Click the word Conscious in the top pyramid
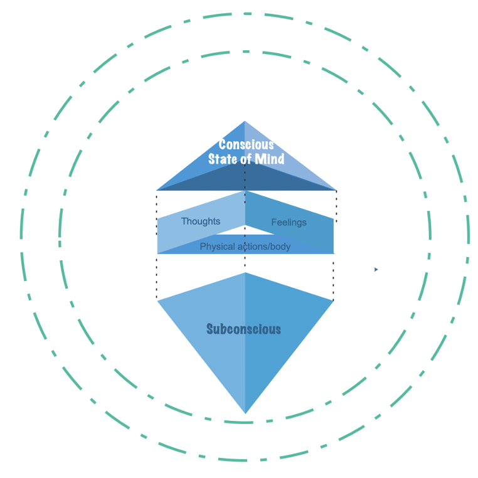[x=246, y=144]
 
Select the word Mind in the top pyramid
[x=270, y=159]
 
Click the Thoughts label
[x=201, y=221]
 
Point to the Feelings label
[x=289, y=222]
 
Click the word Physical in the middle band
[x=217, y=247]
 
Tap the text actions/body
[x=264, y=247]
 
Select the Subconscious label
[x=243, y=329]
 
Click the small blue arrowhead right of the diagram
[x=376, y=270]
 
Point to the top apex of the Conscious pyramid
[x=245, y=121]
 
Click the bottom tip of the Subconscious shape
[x=245, y=413]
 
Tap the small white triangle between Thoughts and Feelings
[x=245, y=230]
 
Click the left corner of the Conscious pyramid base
[x=156, y=190]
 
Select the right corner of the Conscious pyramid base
[x=336, y=190]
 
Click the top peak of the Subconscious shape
[x=245, y=272]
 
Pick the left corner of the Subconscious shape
[x=157, y=301]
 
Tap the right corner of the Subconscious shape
[x=334, y=300]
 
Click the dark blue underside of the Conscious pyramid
[x=246, y=180]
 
